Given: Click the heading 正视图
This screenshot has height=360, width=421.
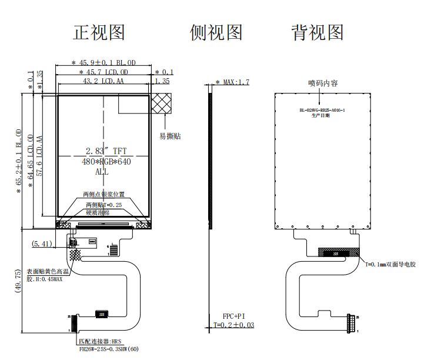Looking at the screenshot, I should coord(99,32).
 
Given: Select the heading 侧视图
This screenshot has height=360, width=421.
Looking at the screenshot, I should coord(216,32).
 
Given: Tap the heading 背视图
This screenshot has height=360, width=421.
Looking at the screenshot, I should coord(318,32).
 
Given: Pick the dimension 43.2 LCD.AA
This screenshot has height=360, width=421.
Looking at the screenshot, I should coord(104,81).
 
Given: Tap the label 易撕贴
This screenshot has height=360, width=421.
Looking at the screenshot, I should coord(170,136).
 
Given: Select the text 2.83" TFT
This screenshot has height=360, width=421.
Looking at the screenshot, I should coord(106,151).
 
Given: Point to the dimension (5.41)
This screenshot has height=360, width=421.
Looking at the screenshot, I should coord(42,243).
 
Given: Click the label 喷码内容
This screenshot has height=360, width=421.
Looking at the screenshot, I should coord(323,83).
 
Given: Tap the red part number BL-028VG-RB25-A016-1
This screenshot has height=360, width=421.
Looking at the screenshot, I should coord(322,110).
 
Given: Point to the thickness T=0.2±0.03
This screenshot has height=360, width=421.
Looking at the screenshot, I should coord(234,325).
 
